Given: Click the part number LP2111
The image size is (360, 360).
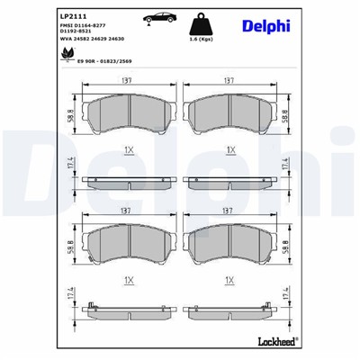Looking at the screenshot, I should pyautogui.click(x=74, y=16).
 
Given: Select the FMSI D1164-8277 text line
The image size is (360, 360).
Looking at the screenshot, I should pyautogui.click(x=89, y=29).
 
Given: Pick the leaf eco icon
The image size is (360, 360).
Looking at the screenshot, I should pyautogui.click(x=68, y=58).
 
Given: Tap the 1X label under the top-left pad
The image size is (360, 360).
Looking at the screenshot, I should pyautogui.click(x=129, y=148).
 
